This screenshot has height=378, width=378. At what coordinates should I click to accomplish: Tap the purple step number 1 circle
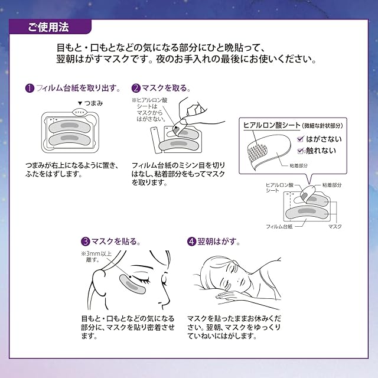29,88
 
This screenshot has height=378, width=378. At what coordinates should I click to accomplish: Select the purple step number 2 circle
135,88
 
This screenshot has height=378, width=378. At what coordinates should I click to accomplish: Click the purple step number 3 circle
86,241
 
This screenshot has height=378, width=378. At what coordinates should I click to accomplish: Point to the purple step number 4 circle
191,241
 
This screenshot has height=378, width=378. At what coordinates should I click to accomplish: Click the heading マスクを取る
165,88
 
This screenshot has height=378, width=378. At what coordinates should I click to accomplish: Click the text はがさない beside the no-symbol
322,140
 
